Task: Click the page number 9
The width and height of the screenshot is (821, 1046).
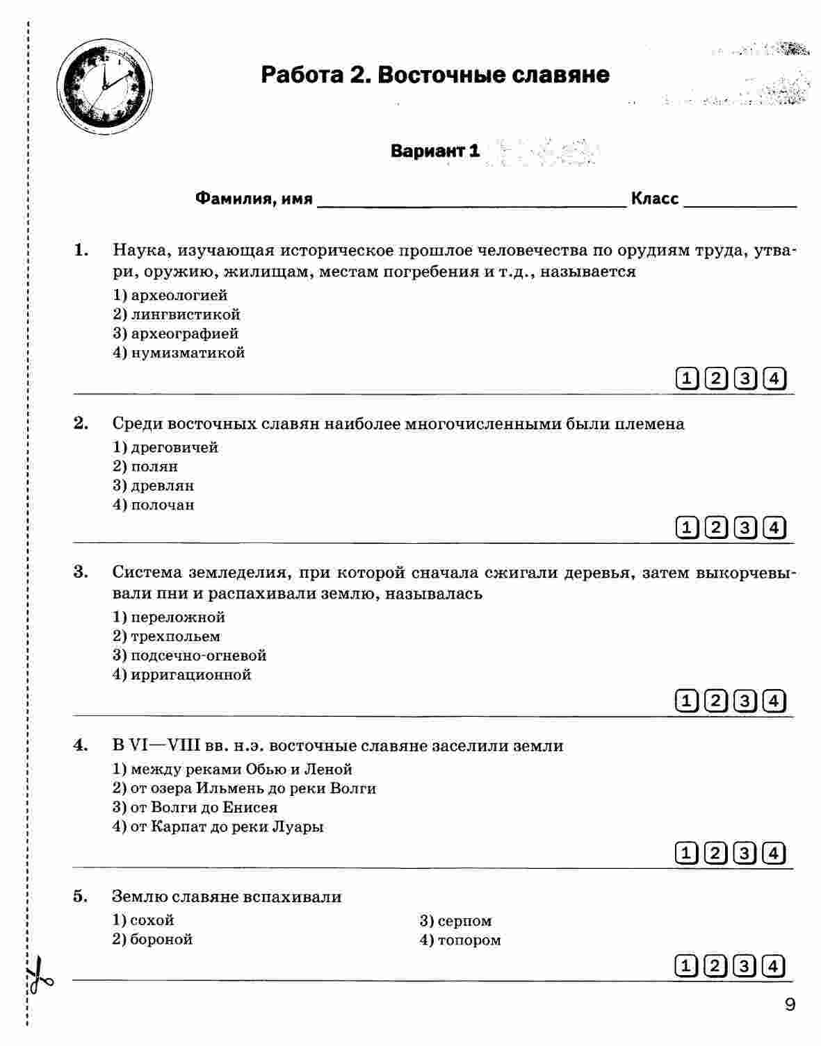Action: pos(789,1004)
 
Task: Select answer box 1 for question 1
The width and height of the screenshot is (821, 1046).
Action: pos(685,379)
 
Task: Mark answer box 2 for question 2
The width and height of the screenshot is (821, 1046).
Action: pos(715,528)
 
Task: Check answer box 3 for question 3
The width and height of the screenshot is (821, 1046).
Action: pos(745,700)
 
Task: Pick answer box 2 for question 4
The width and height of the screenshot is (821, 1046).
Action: pos(715,852)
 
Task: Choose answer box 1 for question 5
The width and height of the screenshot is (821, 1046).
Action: pos(685,966)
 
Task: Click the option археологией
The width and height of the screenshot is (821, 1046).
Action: pos(179,296)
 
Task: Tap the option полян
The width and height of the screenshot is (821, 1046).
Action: pos(154,467)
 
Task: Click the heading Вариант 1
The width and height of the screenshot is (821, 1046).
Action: pos(435,151)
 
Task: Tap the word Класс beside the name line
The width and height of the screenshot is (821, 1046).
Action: pos(655,199)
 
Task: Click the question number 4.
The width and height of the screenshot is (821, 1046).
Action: pos(81,746)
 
